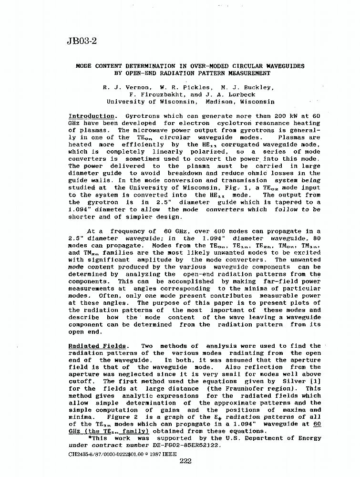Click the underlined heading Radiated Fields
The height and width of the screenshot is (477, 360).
pyautogui.click(x=98, y=346)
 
